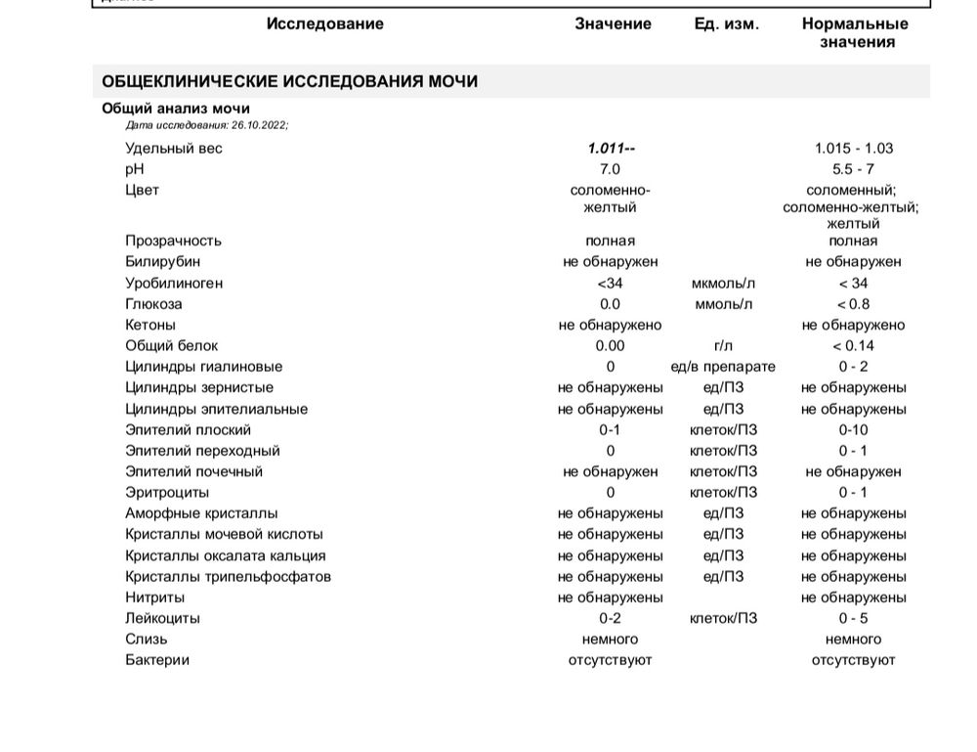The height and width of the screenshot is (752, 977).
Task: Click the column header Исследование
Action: (324, 24)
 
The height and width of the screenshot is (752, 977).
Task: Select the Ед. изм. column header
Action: (726, 24)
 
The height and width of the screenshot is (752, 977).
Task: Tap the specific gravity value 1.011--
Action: (611, 149)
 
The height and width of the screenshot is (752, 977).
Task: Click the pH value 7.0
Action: (610, 169)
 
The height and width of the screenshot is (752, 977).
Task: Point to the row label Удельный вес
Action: (174, 149)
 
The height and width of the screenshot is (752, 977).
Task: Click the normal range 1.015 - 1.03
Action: (853, 149)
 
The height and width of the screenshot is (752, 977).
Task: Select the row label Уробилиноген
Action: (174, 284)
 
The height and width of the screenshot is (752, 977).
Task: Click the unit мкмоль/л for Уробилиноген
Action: (723, 284)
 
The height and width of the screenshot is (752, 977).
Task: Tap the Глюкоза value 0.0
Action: (610, 304)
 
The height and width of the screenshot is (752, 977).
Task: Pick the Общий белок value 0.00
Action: (610, 346)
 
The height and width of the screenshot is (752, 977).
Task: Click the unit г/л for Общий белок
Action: (723, 346)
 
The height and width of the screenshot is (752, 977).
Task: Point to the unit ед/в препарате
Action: (723, 368)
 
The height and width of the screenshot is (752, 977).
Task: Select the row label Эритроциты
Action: (167, 493)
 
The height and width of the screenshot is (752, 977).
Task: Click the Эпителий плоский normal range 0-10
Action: (853, 430)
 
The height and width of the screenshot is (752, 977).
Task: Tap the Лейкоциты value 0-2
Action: (610, 618)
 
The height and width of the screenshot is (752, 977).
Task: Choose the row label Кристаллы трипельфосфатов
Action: (228, 577)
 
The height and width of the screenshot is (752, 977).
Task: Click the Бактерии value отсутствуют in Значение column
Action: (610, 660)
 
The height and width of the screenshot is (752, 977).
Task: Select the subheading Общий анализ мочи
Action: (176, 109)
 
